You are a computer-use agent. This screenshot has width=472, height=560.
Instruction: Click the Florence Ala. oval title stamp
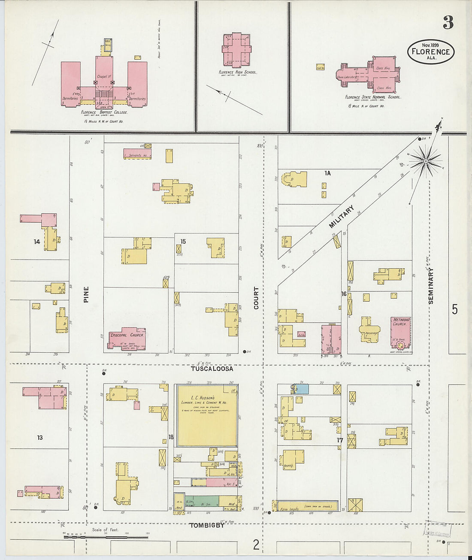click(x=430, y=51)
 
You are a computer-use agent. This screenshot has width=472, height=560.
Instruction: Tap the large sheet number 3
click(x=448, y=22)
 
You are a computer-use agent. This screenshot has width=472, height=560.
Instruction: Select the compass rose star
click(x=426, y=161)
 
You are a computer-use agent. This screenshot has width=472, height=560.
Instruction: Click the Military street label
click(x=342, y=217)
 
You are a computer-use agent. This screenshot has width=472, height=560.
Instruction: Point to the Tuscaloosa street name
click(x=212, y=369)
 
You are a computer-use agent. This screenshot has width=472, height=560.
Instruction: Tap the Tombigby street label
click(x=207, y=525)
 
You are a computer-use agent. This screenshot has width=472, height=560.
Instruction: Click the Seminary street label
click(x=431, y=286)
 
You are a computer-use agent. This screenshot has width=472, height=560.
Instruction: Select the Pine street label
click(x=86, y=294)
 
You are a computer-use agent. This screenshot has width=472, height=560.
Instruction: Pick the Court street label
click(x=256, y=298)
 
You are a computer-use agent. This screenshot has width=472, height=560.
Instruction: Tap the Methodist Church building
click(x=401, y=332)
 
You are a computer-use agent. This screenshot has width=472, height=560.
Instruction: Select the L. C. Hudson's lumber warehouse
click(x=207, y=415)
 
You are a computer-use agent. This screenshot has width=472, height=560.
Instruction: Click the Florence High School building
click(x=236, y=50)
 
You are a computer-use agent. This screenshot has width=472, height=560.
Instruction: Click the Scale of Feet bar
click(x=106, y=536)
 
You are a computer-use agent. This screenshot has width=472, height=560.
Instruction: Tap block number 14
click(x=37, y=242)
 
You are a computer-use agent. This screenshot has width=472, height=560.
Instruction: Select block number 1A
click(x=327, y=173)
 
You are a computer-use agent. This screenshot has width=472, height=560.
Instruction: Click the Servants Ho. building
click(x=137, y=154)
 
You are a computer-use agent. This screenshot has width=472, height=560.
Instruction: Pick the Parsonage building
click(x=370, y=330)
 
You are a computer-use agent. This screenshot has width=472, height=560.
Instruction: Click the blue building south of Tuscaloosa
click(x=302, y=389)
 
